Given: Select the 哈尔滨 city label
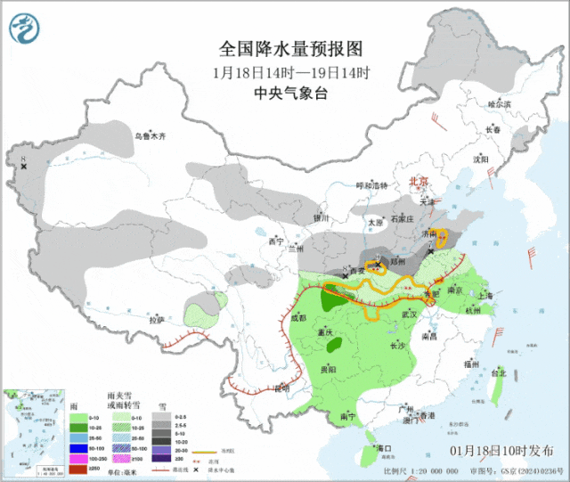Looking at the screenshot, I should pos(500,104).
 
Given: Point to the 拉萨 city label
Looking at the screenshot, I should pos(157,319).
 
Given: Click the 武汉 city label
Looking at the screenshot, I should pos(411,315).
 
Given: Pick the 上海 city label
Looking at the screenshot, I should pos(485,295).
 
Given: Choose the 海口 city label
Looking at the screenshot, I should pos(385,447).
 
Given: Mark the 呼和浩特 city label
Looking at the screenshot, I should pos(372,185).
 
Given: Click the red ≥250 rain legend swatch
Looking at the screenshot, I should pos(79,468).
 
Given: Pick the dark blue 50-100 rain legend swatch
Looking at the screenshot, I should pos(79,443).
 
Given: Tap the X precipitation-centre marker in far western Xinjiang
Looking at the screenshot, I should pos(24,167).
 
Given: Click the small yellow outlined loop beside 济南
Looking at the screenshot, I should pos(440,239).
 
